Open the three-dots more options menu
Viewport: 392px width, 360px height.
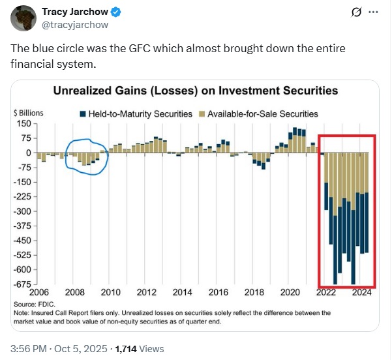372,12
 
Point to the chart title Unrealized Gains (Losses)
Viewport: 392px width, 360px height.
195,91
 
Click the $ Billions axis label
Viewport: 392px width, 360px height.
29,113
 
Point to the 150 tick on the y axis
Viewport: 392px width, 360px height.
23,123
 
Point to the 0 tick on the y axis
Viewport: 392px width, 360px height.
28,153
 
